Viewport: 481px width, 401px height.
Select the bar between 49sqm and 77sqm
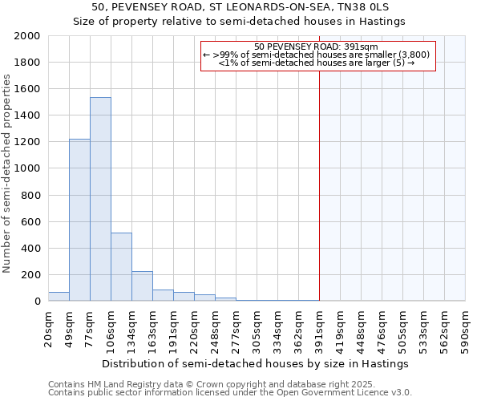pyautogui.click(x=79, y=220)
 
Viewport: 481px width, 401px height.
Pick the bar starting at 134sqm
pyautogui.click(x=142, y=286)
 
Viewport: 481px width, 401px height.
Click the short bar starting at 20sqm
pyautogui.click(x=59, y=296)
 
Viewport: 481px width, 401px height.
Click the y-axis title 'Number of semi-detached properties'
pyautogui.click(x=7, y=173)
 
